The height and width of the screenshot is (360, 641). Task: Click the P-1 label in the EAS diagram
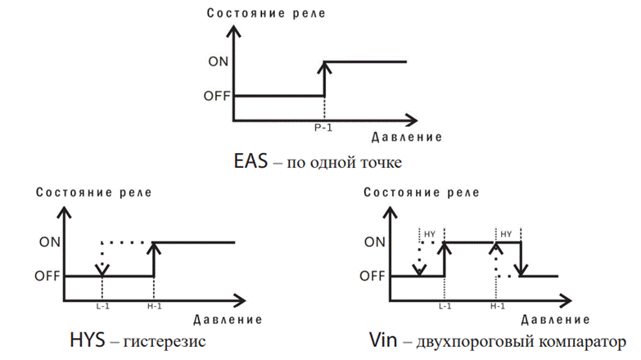324,128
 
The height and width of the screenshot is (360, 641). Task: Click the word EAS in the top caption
251,162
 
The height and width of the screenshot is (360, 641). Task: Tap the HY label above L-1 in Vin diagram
431,233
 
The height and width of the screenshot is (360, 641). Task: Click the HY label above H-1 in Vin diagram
507,233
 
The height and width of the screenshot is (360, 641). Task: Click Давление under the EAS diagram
407,137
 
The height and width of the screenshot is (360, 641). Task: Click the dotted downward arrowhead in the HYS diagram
101,269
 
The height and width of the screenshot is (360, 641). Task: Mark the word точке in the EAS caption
380,163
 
